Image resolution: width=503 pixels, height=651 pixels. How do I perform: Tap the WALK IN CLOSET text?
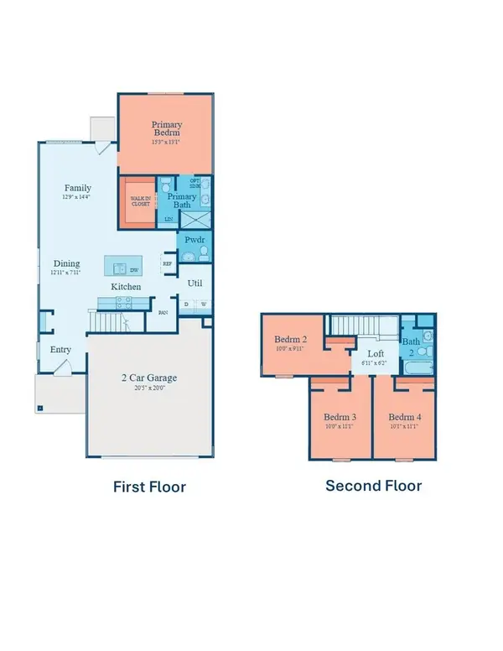click(138, 201)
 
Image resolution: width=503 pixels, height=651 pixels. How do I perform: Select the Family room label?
click(78, 188)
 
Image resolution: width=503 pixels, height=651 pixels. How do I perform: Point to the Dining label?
click(67, 263)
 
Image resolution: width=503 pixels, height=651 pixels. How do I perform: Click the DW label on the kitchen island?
click(134, 270)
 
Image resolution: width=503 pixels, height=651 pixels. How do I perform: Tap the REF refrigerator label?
click(167, 263)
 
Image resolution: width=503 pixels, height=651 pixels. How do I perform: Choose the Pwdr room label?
click(194, 239)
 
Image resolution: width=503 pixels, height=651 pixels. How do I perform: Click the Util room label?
click(194, 284)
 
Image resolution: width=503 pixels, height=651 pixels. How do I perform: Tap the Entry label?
click(60, 350)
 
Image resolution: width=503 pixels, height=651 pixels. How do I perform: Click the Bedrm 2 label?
click(292, 340)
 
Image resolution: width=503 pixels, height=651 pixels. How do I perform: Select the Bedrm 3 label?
click(340, 417)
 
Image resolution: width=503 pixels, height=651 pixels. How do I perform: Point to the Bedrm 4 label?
click(405, 417)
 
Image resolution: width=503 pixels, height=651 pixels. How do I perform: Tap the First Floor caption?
click(149, 487)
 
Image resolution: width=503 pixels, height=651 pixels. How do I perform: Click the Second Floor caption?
click(373, 486)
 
